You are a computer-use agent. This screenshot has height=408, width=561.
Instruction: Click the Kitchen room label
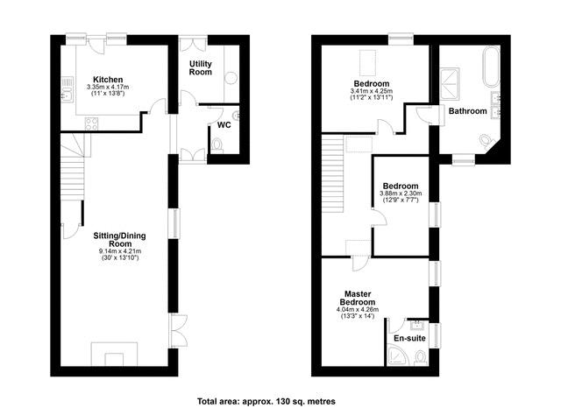click(x=108, y=80)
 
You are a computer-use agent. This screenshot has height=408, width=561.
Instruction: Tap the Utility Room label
click(x=201, y=68)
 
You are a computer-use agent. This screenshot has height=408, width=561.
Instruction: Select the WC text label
click(x=224, y=125)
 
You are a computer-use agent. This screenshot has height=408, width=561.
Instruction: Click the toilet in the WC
click(x=217, y=145)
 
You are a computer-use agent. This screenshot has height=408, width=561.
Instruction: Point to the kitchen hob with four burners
click(x=91, y=123)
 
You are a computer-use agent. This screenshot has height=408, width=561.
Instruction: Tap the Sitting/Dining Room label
click(x=119, y=240)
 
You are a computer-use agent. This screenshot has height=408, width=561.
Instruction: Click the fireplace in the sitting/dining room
click(x=114, y=354)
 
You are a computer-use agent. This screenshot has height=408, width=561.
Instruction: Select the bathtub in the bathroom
click(x=491, y=67)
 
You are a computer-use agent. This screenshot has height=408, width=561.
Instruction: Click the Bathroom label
click(x=467, y=111)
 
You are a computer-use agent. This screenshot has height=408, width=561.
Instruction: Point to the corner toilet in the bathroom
click(x=486, y=141)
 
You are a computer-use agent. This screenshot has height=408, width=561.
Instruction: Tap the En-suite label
click(x=409, y=338)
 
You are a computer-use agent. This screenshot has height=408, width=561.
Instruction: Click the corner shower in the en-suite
click(x=398, y=355)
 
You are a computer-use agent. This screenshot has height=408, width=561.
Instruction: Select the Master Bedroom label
click(x=358, y=298)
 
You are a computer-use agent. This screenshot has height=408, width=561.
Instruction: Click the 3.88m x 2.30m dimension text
click(x=401, y=193)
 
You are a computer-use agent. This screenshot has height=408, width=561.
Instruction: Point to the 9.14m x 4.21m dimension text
click(x=120, y=251)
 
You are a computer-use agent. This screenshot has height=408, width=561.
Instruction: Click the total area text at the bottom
click(x=266, y=401)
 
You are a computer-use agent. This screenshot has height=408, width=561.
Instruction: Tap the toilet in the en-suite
click(x=420, y=357)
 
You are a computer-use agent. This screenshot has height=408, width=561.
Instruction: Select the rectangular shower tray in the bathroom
click(x=450, y=83)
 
